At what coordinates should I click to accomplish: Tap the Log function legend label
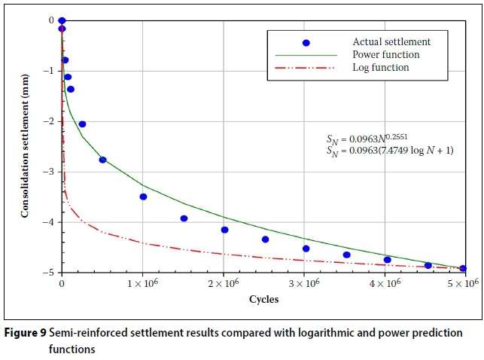tap(381, 67)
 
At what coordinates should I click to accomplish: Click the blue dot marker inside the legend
tap(306, 42)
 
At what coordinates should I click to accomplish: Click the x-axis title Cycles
tap(263, 299)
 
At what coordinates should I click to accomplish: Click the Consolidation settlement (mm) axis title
tap(25, 147)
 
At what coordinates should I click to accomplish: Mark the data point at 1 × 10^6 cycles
tap(143, 197)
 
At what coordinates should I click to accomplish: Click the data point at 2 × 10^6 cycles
tap(224, 230)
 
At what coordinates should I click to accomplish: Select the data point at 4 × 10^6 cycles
tap(387, 260)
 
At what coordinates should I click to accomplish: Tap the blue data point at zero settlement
tap(62, 20)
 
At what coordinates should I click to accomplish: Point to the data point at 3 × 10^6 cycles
tap(306, 249)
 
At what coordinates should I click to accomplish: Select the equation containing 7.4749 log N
tap(389, 151)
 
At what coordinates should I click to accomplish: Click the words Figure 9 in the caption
tap(25, 332)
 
